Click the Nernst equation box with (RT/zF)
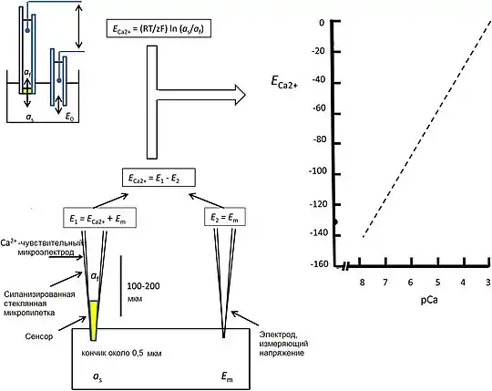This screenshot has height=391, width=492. click(x=159, y=28)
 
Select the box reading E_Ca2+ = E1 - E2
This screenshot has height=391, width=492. click(x=159, y=178)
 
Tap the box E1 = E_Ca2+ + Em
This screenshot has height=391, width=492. click(x=100, y=218)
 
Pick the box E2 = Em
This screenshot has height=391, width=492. click(x=224, y=217)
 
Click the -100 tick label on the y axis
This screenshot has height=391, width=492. click(x=318, y=171)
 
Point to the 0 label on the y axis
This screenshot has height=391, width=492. click(x=322, y=23)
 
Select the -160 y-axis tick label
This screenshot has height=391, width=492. click(x=319, y=264)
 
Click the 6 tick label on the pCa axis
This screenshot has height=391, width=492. click(x=410, y=283)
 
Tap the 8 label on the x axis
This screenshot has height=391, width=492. click(x=362, y=283)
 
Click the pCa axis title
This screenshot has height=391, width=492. click(x=429, y=300)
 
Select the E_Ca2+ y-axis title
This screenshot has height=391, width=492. click(x=283, y=82)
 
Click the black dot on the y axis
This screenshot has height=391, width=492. click(x=335, y=222)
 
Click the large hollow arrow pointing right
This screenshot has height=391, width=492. click(x=197, y=95)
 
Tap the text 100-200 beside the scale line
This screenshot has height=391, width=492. click(x=143, y=286)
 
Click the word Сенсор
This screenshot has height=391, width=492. click(x=39, y=336)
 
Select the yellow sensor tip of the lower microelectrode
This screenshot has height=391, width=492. click(x=93, y=320)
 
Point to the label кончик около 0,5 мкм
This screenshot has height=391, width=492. click(x=121, y=354)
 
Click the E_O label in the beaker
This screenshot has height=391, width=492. click(x=69, y=117)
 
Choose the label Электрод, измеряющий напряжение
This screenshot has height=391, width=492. click(x=283, y=344)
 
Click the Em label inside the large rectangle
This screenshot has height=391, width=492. click(x=227, y=376)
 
